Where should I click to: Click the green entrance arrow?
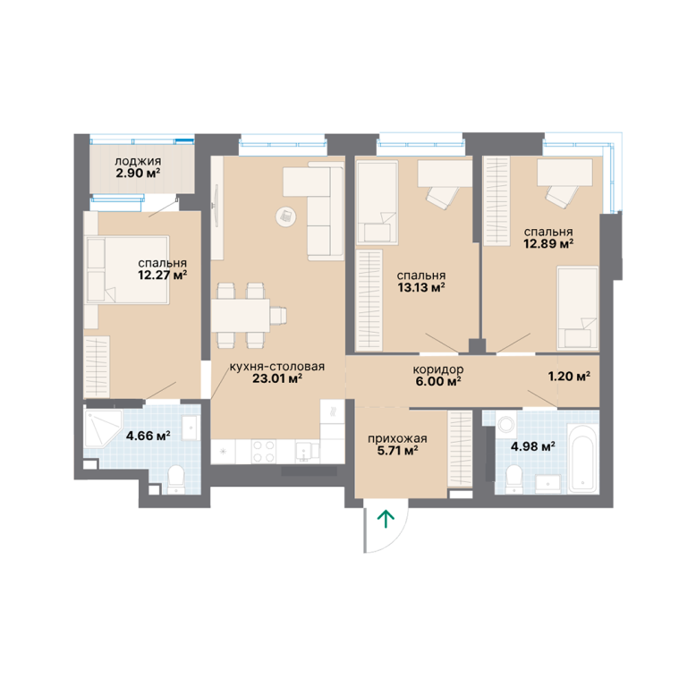[386, 519]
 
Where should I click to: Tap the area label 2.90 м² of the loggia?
[138, 173]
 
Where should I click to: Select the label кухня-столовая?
[277, 367]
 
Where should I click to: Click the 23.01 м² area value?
[277, 378]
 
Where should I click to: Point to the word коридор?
[437, 369]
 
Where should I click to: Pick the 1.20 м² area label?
[569, 376]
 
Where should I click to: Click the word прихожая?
[397, 438]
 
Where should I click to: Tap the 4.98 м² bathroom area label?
[533, 447]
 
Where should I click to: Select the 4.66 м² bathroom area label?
[148, 436]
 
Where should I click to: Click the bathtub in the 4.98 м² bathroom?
[582, 457]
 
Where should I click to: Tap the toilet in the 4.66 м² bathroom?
[176, 479]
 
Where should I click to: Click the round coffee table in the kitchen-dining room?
[285, 216]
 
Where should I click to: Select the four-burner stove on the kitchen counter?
[264, 451]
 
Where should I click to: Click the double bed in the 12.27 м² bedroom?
[127, 270]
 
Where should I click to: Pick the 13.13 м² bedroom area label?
[421, 287]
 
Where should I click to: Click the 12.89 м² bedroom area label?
[548, 243]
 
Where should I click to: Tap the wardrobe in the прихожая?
[460, 449]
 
